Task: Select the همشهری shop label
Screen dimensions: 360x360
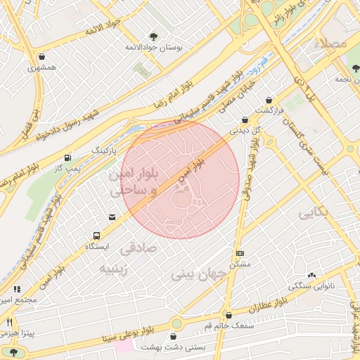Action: [41, 68]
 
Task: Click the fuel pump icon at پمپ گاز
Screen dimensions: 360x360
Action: [67, 158]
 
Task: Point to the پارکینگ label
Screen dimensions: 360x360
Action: [106, 150]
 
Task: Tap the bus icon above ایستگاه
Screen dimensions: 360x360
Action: [96, 236]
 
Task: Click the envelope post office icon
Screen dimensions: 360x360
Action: [112, 217]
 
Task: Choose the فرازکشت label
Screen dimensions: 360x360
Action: [269, 111]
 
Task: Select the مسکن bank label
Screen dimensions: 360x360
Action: [240, 264]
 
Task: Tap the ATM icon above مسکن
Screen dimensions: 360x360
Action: [240, 253]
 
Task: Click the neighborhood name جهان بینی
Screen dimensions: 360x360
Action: [198, 274]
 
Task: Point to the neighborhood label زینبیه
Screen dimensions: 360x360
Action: [113, 269]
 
